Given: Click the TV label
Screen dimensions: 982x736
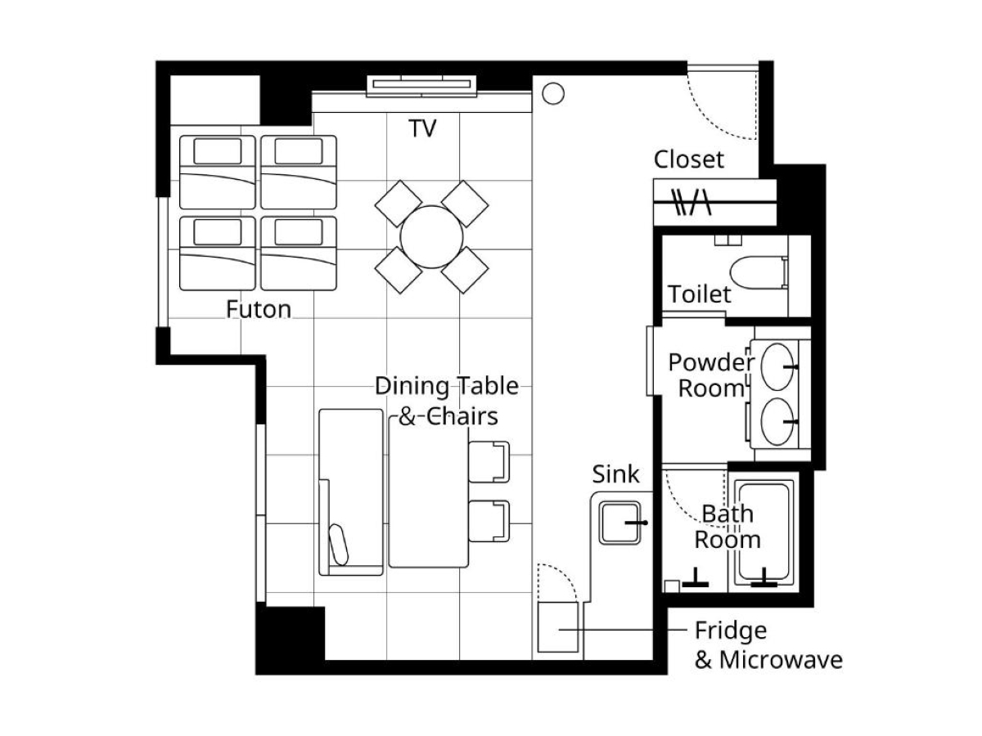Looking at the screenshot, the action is tap(422, 128).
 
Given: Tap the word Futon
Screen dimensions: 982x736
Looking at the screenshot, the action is tap(258, 309).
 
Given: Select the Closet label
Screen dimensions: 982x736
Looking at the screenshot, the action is tap(688, 159).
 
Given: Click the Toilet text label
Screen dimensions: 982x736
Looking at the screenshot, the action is tap(699, 294).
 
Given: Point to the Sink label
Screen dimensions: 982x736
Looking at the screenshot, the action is tap(615, 473).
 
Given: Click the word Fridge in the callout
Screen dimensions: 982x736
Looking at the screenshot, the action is tap(731, 631).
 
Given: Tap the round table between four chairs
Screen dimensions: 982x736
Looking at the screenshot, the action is tap(431, 237).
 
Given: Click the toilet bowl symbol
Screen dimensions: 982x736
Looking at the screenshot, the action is tap(759, 272).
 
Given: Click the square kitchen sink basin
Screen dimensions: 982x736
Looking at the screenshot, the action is tap(619, 523).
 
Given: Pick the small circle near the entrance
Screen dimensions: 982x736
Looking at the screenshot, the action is tap(553, 94).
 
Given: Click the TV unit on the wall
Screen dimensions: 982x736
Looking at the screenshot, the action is tap(421, 85).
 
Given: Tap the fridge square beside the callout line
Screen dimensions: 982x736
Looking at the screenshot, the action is tap(558, 627).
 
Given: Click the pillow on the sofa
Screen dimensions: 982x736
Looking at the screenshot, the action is tap(339, 545).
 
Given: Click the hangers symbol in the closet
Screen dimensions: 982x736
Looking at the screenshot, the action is tap(691, 202).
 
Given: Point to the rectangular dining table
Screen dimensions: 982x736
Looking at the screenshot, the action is tap(429, 492).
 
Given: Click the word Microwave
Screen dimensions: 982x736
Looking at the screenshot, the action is tap(781, 660).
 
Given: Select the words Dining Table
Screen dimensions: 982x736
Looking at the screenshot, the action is tap(447, 386).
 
